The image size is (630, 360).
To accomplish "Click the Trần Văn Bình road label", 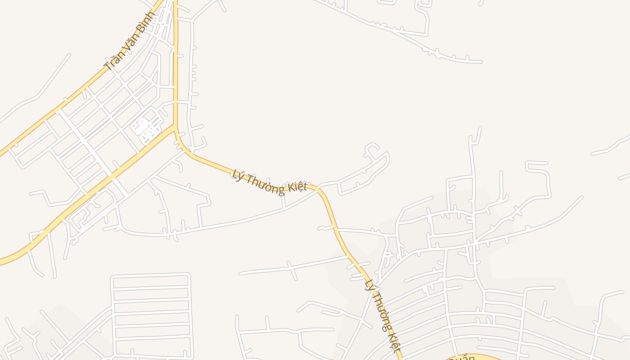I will point(129,41).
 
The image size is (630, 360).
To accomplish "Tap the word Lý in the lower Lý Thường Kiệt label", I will point(370,285).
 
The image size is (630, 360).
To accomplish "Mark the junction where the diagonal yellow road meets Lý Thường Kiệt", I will point(175,127).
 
